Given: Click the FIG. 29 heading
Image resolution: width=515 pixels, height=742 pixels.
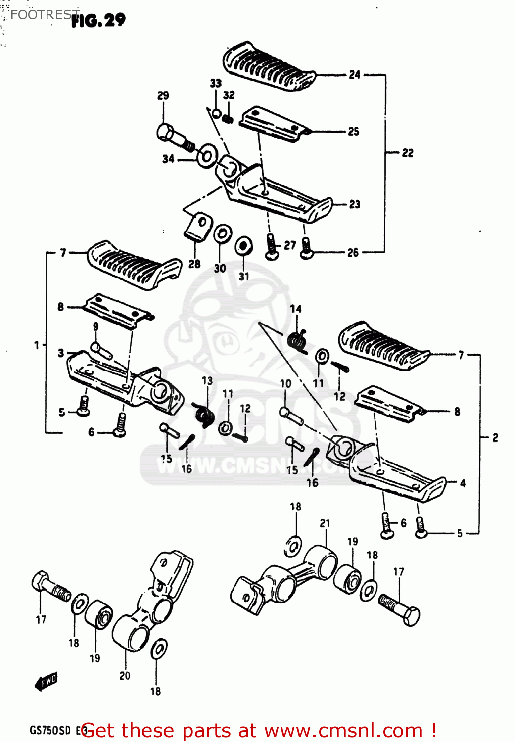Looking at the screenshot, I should (98, 20).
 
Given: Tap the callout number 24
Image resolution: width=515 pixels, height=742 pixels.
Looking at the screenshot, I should (354, 75).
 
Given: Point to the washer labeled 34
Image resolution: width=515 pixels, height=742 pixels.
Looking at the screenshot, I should (207, 156).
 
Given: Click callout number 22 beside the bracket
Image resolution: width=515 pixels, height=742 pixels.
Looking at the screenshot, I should (407, 153).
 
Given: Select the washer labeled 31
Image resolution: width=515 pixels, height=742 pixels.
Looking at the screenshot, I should (243, 246).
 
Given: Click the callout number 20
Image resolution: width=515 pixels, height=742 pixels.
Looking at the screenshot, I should (125, 675).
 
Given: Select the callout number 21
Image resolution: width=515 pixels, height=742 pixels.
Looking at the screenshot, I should (325, 523).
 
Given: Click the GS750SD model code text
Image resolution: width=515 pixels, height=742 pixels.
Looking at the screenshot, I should (50, 730).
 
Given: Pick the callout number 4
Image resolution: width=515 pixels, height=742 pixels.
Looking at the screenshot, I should (463, 483).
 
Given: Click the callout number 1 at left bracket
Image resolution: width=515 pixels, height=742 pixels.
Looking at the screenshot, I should (37, 345).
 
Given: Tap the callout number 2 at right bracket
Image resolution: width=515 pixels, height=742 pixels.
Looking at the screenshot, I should (495, 437).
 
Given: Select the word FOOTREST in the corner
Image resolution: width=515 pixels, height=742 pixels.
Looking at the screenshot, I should (45, 15).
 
